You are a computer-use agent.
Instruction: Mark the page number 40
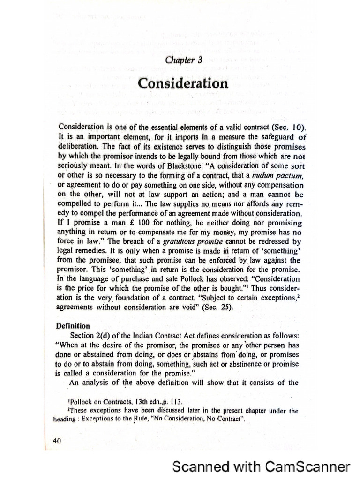click(x=57, y=441)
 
